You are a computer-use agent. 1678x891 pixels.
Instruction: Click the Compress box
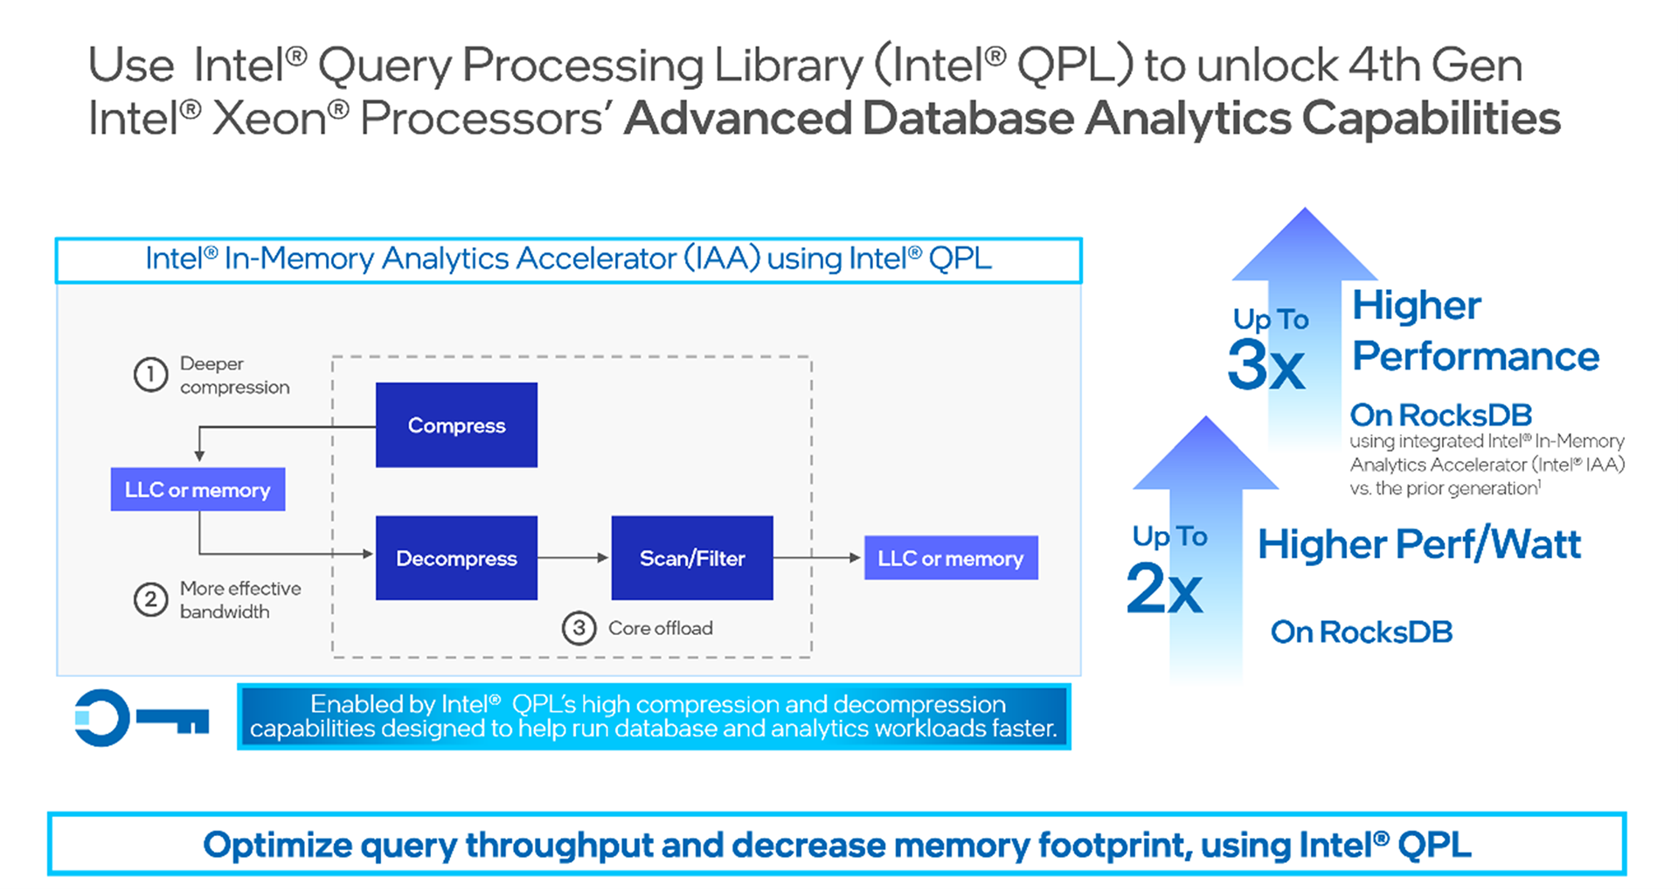click(456, 425)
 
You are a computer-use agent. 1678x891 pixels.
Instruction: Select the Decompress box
click(456, 557)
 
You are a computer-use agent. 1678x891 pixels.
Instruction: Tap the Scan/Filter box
click(691, 557)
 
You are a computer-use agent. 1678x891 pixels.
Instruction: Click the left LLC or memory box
click(198, 489)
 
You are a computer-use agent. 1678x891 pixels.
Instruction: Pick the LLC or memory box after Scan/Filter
click(951, 557)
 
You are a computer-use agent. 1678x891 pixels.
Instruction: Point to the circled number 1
click(150, 375)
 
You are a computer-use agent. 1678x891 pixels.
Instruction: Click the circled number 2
click(150, 600)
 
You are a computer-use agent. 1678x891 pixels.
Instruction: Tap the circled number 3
click(579, 627)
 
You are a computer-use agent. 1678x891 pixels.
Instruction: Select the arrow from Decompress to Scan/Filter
click(573, 557)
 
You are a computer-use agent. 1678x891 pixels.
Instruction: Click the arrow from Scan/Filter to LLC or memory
click(818, 557)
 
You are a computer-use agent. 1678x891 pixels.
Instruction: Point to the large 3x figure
click(1265, 365)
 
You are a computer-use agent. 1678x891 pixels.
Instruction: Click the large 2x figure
click(1164, 587)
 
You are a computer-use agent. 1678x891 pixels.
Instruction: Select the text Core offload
click(660, 628)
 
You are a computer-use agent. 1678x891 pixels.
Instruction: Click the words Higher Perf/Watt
click(1418, 544)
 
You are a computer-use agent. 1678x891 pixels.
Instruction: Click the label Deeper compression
click(233, 375)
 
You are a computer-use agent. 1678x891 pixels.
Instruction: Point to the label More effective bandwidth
click(239, 600)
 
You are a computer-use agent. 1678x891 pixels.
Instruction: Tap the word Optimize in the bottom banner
click(277, 845)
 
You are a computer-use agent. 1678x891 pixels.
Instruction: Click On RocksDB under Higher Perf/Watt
click(1361, 632)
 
